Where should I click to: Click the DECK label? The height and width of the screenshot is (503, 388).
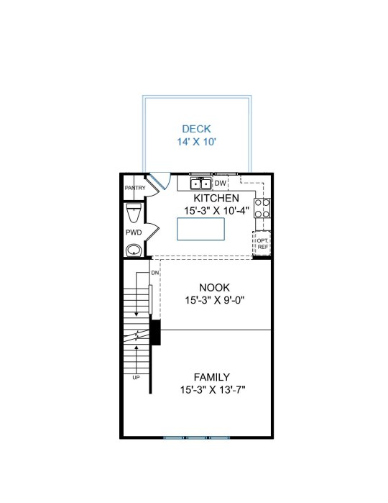pos(196,129)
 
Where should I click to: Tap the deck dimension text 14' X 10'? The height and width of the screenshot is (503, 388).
pos(197,142)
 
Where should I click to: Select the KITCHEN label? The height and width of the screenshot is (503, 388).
pos(216,198)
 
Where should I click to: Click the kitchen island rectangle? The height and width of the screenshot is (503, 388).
pos(200,229)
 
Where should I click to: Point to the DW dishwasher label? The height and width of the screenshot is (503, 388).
pos(220,183)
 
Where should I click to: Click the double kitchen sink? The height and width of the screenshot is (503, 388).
pos(200,183)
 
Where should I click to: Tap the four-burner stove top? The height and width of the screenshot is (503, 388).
pos(262,208)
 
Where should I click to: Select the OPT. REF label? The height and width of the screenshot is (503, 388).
pos(263,244)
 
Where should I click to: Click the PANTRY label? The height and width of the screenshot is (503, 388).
pos(135,188)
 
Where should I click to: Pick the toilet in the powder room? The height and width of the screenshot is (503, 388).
pos(134,212)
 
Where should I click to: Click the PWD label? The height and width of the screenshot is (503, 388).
pos(134,232)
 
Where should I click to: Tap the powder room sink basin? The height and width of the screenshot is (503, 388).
pos(134,250)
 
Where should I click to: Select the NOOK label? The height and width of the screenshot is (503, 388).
pos(214,287)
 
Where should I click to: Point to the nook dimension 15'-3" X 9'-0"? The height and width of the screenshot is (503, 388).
pos(215,300)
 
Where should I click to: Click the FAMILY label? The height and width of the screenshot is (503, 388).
pos(212,377)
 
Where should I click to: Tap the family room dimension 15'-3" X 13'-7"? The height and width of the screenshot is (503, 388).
pos(213,390)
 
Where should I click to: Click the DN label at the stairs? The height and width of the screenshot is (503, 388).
pos(155,273)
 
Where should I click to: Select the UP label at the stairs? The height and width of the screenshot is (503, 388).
pos(137,378)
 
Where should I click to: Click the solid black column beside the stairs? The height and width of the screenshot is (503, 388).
pos(155,332)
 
